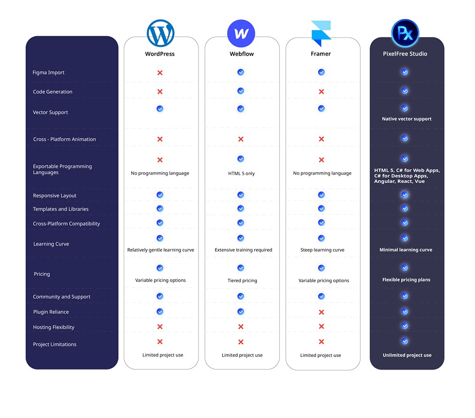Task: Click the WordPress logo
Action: point(160,33)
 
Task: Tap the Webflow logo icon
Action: point(241,34)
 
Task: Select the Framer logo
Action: point(321,34)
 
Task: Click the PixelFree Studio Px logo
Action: point(405,33)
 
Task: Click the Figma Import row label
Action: point(48,73)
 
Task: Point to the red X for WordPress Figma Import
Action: point(160,73)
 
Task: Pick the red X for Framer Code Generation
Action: point(322,92)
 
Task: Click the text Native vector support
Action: point(406,119)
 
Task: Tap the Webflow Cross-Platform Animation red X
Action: point(241,139)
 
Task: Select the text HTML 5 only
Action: point(241,174)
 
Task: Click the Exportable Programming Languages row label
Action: point(62,170)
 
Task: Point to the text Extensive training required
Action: point(243,250)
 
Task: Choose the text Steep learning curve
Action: point(322,250)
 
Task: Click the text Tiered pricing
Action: point(242,281)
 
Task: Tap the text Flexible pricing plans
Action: point(406,280)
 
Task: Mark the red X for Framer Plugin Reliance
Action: point(322,312)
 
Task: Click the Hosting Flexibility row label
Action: point(54,327)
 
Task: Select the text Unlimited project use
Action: point(407,355)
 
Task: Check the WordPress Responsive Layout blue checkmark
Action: point(160,195)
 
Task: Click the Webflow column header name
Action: point(241,54)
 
